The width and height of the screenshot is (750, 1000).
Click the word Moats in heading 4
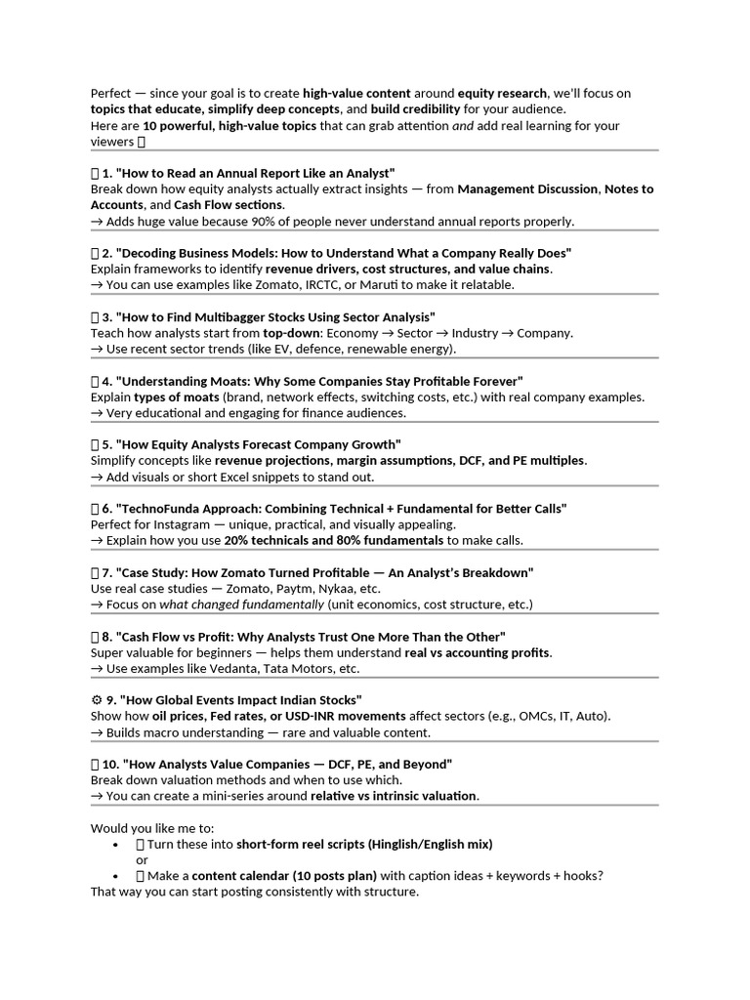click(226, 380)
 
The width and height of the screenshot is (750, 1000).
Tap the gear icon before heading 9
click(96, 700)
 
